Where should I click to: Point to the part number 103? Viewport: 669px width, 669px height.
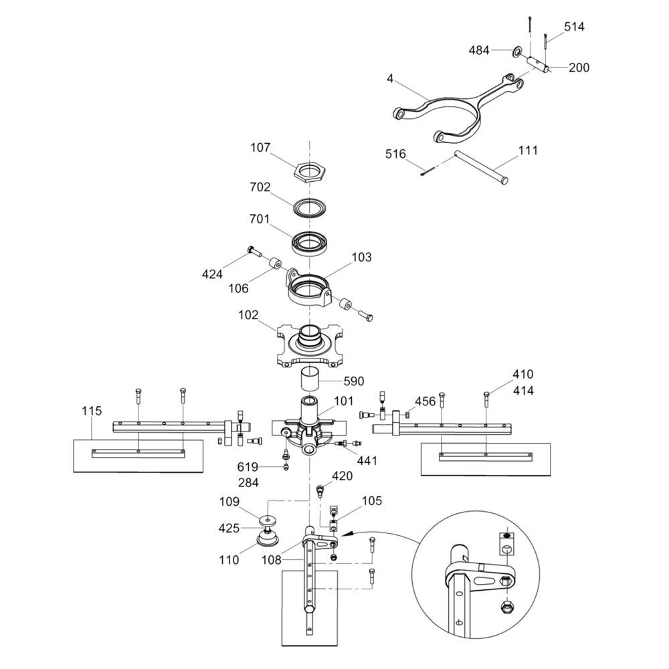click(x=361, y=257)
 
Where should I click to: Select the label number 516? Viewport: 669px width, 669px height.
click(x=395, y=155)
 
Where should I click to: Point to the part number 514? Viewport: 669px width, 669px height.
click(x=574, y=27)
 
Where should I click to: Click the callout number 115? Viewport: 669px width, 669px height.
click(x=92, y=411)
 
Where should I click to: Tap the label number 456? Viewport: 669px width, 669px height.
click(x=425, y=401)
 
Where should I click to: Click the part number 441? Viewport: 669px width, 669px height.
click(x=367, y=460)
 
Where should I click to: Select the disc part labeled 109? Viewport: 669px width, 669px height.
click(x=268, y=519)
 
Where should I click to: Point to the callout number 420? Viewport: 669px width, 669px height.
click(x=343, y=476)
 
